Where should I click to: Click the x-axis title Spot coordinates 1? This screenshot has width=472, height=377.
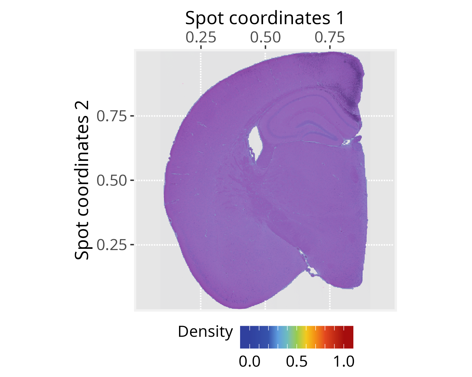point(265,18)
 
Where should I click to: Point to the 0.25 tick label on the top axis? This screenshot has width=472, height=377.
point(201,38)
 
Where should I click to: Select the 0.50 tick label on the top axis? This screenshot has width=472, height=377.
point(265,38)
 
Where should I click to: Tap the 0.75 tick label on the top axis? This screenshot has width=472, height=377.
point(330,38)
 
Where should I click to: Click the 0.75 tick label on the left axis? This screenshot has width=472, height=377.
point(111,116)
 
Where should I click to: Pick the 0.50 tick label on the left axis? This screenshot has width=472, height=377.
point(111,181)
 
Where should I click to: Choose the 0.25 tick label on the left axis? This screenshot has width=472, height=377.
point(111,245)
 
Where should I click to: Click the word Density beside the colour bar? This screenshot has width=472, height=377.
point(205,332)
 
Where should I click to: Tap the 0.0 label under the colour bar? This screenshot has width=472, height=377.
point(250,362)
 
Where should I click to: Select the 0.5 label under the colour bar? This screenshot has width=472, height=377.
point(297,362)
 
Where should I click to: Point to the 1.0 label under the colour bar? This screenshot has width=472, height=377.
point(344,362)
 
